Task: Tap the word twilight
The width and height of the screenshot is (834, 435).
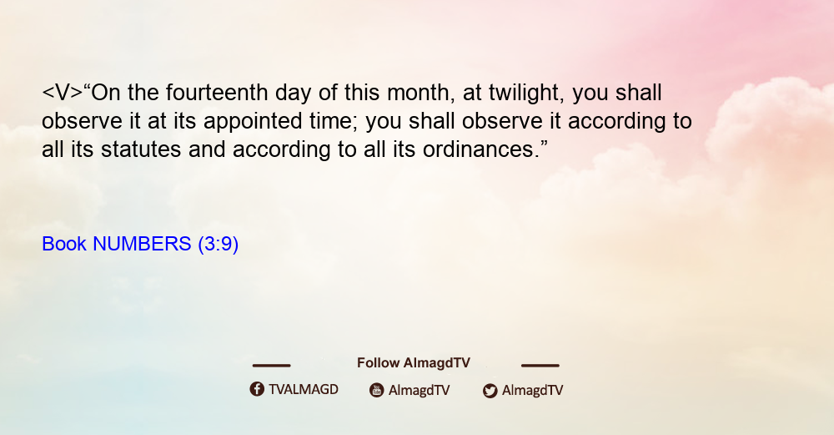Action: (524, 94)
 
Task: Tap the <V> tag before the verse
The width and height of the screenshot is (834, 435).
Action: (63, 93)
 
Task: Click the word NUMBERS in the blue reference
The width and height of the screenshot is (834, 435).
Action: (142, 244)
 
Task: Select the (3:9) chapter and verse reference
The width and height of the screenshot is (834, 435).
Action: (218, 245)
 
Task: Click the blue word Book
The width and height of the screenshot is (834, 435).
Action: (64, 244)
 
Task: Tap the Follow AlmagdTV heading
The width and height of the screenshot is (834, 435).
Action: (414, 363)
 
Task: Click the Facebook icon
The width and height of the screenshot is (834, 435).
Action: (257, 389)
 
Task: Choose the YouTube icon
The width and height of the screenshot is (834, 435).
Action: (377, 390)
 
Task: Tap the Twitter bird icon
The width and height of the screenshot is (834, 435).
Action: (490, 391)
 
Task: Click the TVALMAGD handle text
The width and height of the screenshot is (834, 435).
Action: (304, 390)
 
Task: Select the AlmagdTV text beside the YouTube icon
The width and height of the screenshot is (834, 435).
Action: (420, 391)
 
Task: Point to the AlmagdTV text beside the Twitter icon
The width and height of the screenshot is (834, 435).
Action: (532, 391)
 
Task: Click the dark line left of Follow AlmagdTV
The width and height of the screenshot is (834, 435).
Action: (271, 365)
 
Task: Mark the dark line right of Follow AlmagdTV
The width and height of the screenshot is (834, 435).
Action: (540, 365)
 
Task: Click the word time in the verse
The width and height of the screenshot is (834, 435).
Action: (333, 121)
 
